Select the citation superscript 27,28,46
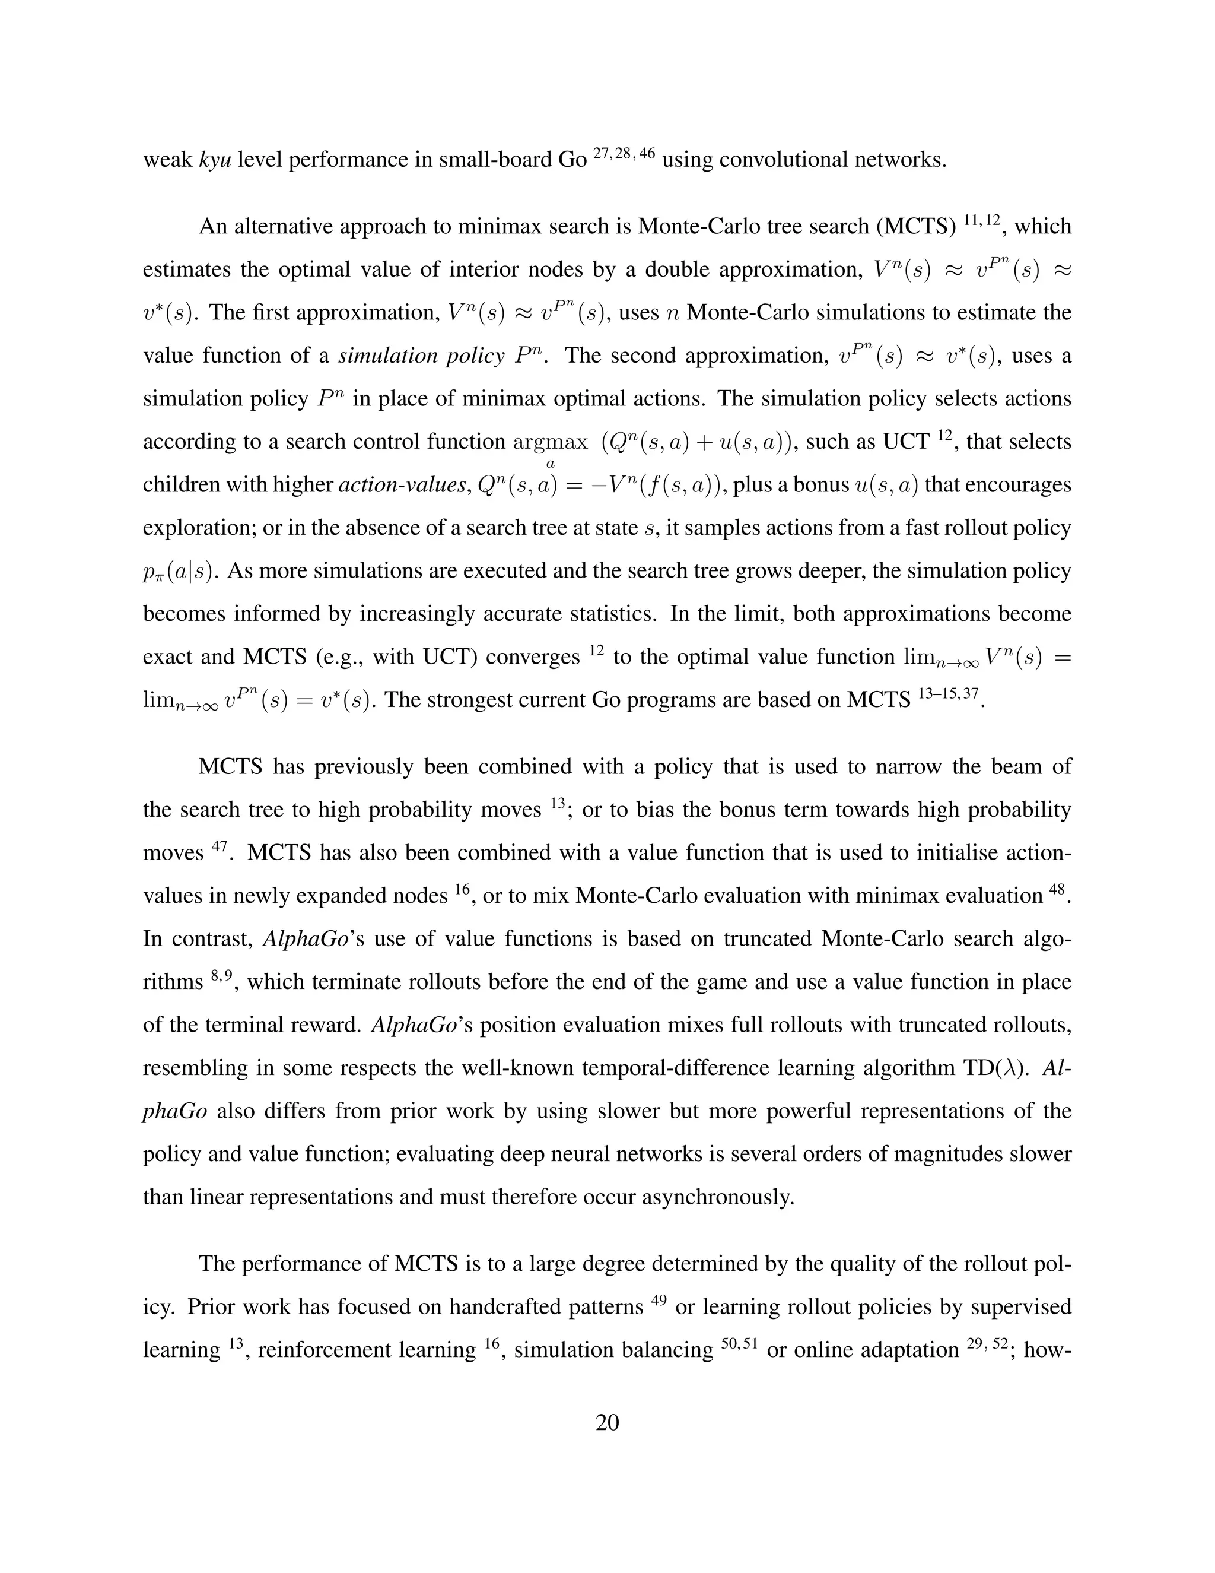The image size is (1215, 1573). pos(624,152)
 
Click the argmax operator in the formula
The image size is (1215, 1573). pos(550,442)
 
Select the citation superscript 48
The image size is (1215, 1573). pos(1056,888)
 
